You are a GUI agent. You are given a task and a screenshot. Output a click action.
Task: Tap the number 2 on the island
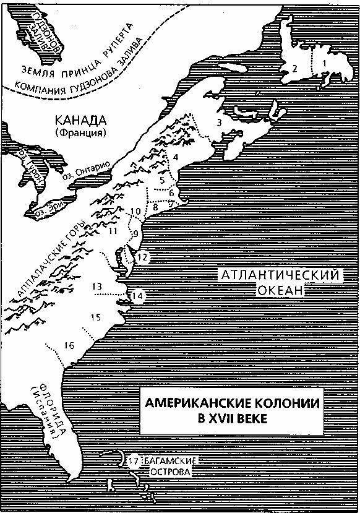pyautogui.click(x=296, y=68)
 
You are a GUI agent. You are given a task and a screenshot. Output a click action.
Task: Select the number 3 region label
pyautogui.click(x=219, y=123)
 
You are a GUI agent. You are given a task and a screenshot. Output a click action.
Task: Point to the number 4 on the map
pyautogui.click(x=176, y=158)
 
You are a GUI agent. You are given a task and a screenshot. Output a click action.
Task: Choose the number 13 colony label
pyautogui.click(x=96, y=287)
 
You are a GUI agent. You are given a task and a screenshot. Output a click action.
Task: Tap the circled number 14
pyautogui.click(x=137, y=296)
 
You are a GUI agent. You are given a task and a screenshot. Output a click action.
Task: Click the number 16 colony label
pyautogui.click(x=69, y=345)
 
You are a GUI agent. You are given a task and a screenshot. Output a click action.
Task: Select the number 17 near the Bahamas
pyautogui.click(x=134, y=461)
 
